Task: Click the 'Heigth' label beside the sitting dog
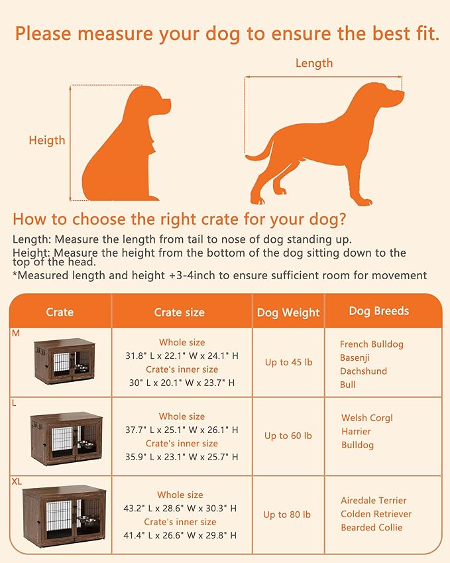[x=47, y=140]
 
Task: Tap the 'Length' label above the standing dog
[x=314, y=64]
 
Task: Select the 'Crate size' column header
[x=179, y=312]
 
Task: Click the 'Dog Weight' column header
[x=287, y=312]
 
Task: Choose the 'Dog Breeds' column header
[x=379, y=310]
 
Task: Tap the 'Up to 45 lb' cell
[x=285, y=362]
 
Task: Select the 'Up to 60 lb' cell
[x=285, y=436]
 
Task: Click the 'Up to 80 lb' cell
[x=286, y=515]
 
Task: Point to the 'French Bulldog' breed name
[x=371, y=344]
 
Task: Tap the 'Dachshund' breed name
[x=363, y=371]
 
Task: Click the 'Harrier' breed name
[x=356, y=432]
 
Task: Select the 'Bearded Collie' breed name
[x=371, y=528]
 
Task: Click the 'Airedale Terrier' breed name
[x=374, y=501]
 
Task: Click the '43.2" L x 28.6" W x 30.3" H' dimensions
[x=181, y=509]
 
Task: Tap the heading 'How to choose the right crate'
[x=179, y=219]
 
